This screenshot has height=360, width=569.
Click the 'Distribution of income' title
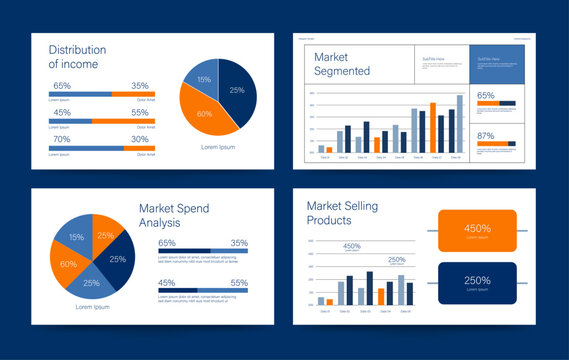[84, 57]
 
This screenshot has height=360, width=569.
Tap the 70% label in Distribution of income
[62, 139]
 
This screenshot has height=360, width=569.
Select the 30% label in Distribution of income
[140, 139]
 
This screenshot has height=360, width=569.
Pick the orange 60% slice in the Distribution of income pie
[205, 113]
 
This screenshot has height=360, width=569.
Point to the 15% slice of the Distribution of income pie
[204, 80]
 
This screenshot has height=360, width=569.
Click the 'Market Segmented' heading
[342, 64]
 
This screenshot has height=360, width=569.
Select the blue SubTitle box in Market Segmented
[497, 65]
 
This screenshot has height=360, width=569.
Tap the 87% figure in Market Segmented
[486, 135]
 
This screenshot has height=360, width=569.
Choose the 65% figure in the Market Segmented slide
[486, 96]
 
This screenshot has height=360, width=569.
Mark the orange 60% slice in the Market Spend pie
[68, 264]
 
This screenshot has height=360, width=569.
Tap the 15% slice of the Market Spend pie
[77, 237]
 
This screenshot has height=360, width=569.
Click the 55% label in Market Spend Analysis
[239, 283]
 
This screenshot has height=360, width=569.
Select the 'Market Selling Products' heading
[343, 213]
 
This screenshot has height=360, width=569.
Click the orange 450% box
[477, 230]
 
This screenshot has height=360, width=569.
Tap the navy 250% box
[477, 283]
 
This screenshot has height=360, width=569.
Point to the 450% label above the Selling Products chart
[352, 246]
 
